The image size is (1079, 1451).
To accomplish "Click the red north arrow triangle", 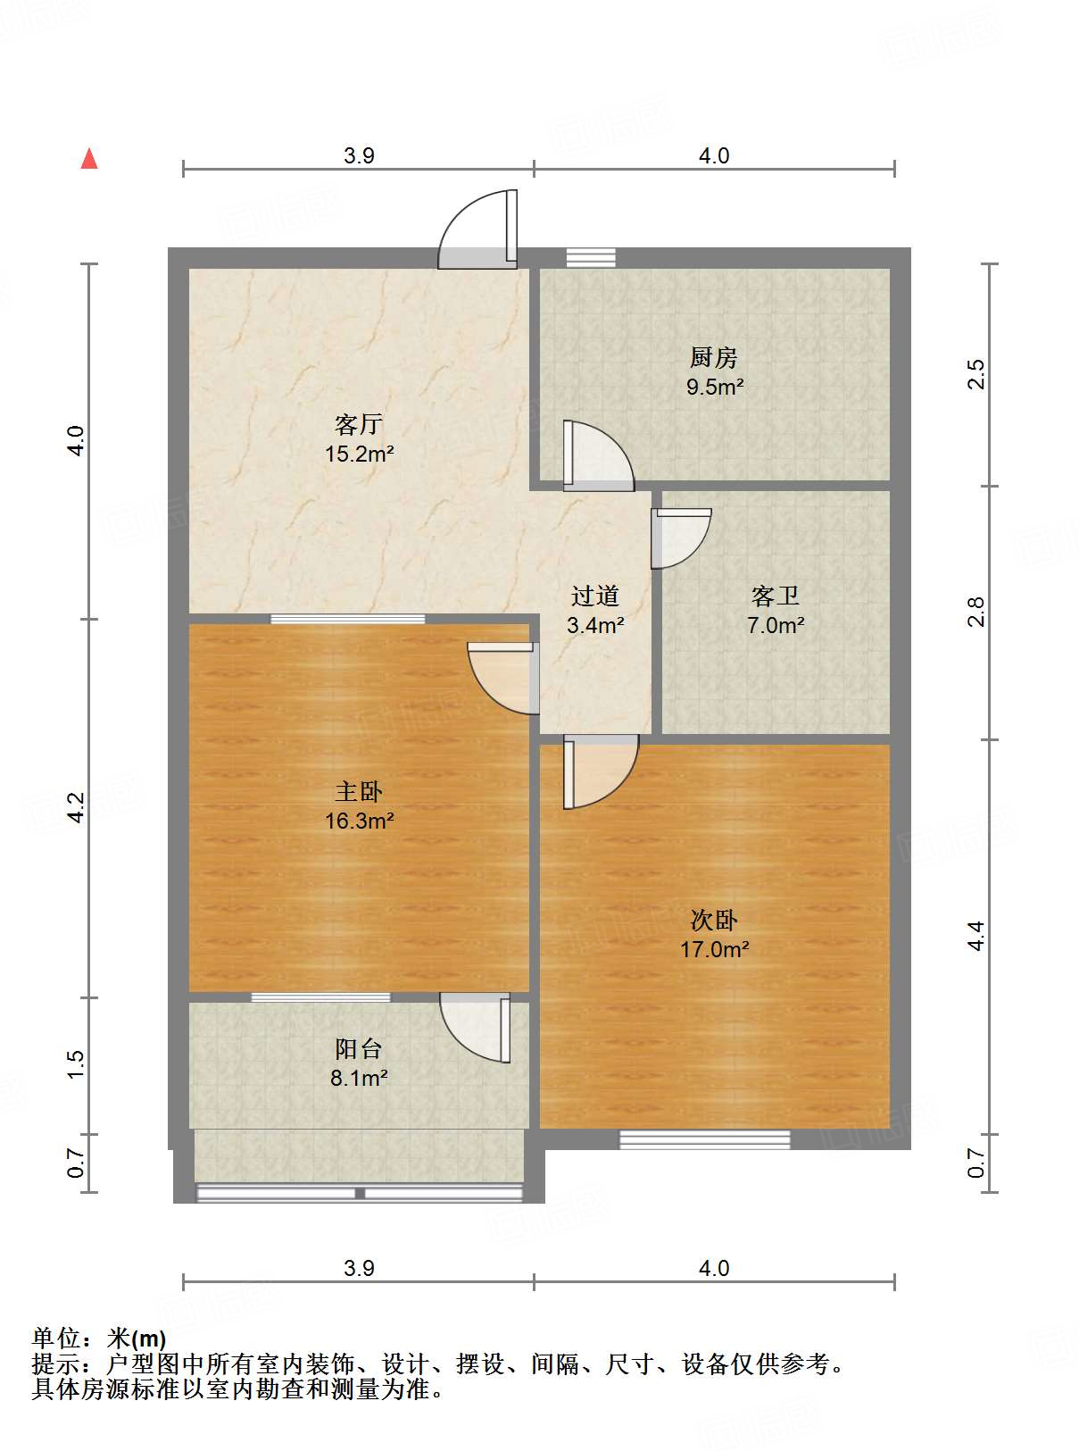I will click(89, 159).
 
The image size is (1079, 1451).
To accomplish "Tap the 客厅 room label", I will click(359, 424).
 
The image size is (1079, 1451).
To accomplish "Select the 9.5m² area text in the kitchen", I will click(715, 387).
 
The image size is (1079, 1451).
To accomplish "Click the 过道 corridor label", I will click(595, 596).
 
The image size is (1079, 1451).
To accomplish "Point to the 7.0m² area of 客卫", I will click(776, 625).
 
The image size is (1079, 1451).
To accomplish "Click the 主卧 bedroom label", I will click(359, 791).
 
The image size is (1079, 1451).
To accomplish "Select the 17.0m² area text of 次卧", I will click(714, 949).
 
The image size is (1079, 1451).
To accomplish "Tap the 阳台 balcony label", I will click(359, 1048).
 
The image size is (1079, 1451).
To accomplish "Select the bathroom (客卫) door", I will click(680, 538).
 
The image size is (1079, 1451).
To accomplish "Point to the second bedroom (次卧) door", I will click(599, 770).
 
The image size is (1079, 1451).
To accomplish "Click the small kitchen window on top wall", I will click(591, 257).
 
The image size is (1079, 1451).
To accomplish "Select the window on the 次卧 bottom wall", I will click(705, 1139).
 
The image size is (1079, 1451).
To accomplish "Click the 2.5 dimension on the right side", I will click(976, 374).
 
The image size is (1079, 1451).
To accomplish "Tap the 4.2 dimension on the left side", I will click(76, 808).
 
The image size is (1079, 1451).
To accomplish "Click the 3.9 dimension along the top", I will click(359, 155).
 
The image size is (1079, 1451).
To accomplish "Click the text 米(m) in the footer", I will click(137, 1338).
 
